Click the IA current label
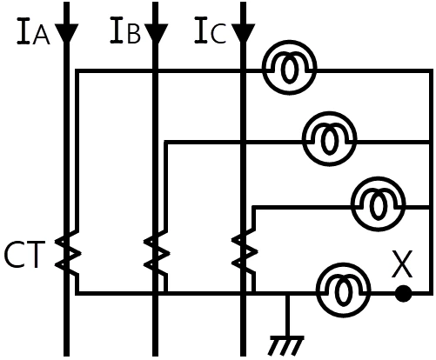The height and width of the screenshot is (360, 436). [x=33, y=31]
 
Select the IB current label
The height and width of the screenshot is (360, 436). [x=125, y=30]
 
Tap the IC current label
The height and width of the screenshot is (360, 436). [x=210, y=30]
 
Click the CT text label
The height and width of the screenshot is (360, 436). [x=25, y=255]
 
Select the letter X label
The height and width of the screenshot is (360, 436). [x=402, y=264]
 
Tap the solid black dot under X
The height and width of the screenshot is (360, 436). [x=404, y=293]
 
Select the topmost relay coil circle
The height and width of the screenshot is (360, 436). [x=289, y=67]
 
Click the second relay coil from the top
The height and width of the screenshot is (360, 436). [x=329, y=138]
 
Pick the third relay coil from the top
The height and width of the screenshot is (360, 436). [x=378, y=203]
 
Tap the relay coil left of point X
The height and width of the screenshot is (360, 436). [x=344, y=290]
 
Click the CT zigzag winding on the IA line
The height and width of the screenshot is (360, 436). [x=69, y=253]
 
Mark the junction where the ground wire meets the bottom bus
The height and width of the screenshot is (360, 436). [x=287, y=294]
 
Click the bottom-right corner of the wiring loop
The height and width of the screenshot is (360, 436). [x=431, y=294]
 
